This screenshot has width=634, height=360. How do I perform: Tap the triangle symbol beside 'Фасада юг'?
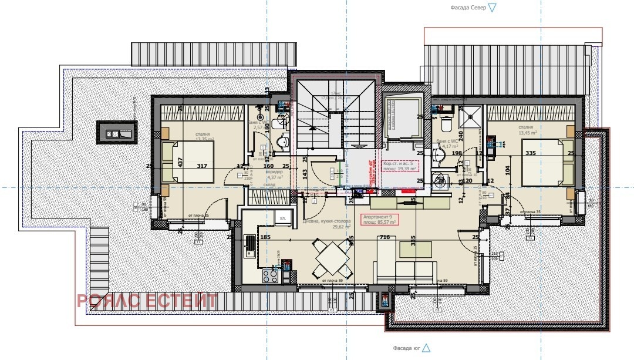pos(426,348)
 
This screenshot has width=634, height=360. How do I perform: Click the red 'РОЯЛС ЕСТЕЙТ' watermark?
pos(147,301)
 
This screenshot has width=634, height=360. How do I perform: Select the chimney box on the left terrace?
pos(117,132)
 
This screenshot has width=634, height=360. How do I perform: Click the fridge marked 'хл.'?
pos(282,217)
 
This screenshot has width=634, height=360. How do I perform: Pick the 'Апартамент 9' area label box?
pos(379,220)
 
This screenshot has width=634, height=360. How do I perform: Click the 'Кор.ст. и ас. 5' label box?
pos(402,166)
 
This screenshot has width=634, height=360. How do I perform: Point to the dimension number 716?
pos(385,237)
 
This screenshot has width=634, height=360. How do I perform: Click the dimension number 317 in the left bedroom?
pos(202,166)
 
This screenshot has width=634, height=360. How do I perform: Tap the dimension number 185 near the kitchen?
pos(265,237)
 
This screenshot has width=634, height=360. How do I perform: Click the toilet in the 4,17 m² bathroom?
pos(446,125)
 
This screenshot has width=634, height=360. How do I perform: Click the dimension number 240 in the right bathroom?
pos(460,134)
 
